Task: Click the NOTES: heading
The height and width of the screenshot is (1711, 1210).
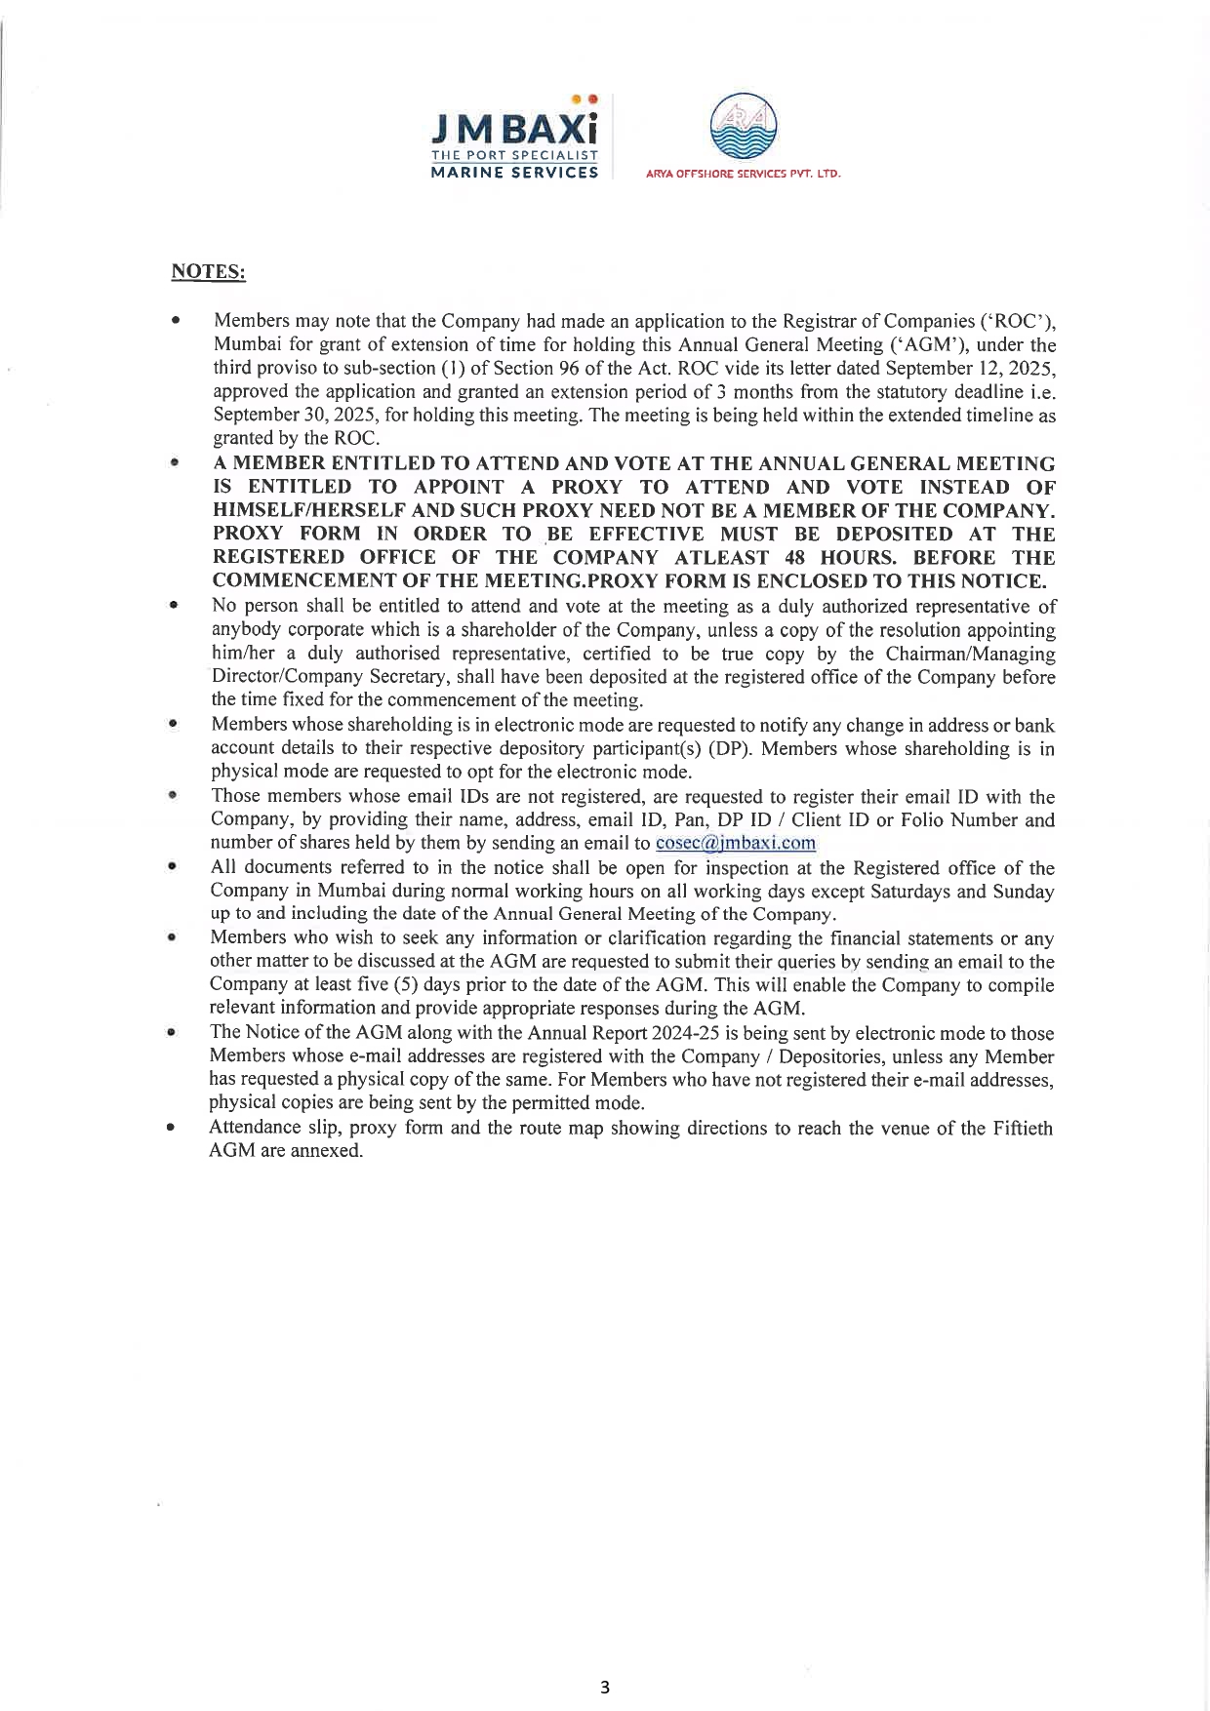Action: (x=208, y=272)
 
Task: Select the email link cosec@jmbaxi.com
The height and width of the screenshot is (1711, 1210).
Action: (x=736, y=844)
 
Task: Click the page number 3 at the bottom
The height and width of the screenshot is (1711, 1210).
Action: (x=605, y=1688)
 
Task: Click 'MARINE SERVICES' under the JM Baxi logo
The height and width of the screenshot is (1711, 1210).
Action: (x=515, y=173)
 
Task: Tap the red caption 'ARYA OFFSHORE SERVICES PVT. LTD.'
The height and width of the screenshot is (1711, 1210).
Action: (x=743, y=175)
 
